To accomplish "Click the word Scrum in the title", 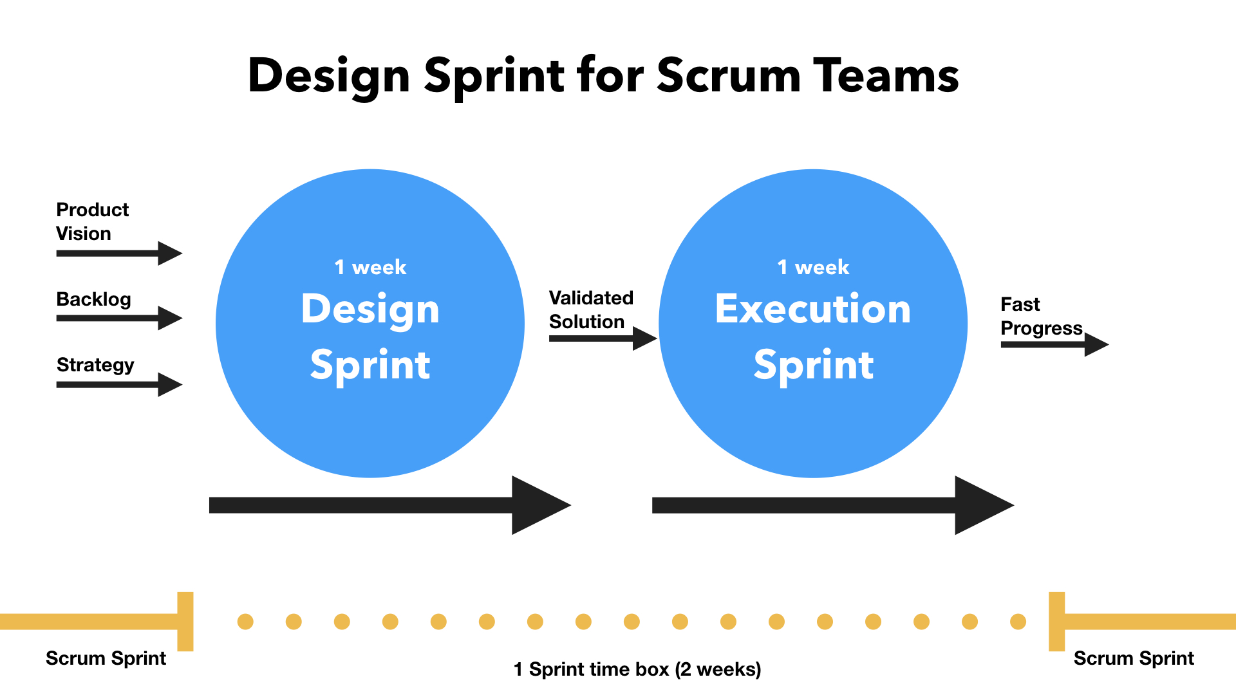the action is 729,75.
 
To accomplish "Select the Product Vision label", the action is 92,221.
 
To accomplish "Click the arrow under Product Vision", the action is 120,254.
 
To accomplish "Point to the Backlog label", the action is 93,300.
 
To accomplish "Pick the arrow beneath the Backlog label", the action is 120,318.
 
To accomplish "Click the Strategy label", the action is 95,366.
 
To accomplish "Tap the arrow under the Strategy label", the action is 120,385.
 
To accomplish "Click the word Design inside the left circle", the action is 370,310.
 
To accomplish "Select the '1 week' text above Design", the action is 370,267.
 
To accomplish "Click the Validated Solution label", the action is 591,310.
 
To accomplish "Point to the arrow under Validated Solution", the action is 603,338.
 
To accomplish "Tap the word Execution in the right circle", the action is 813,309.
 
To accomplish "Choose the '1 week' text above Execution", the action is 813,267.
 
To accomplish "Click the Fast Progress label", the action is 1042,317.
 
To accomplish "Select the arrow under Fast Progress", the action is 1055,344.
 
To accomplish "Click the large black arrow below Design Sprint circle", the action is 390,505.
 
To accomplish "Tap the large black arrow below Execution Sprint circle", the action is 833,505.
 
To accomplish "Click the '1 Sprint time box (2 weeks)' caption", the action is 637,670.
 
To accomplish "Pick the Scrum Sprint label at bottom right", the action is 1134,658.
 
